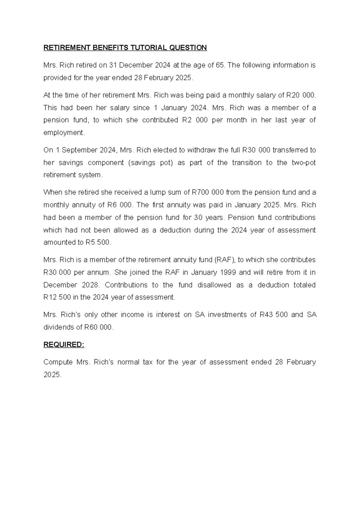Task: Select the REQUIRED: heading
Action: tap(64, 345)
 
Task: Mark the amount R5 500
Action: tap(95, 242)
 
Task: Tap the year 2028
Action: tap(90, 285)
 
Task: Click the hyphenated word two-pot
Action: tap(304, 163)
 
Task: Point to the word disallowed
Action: tap(214, 285)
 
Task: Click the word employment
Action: tap(64, 133)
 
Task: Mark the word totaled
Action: tap(303, 285)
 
